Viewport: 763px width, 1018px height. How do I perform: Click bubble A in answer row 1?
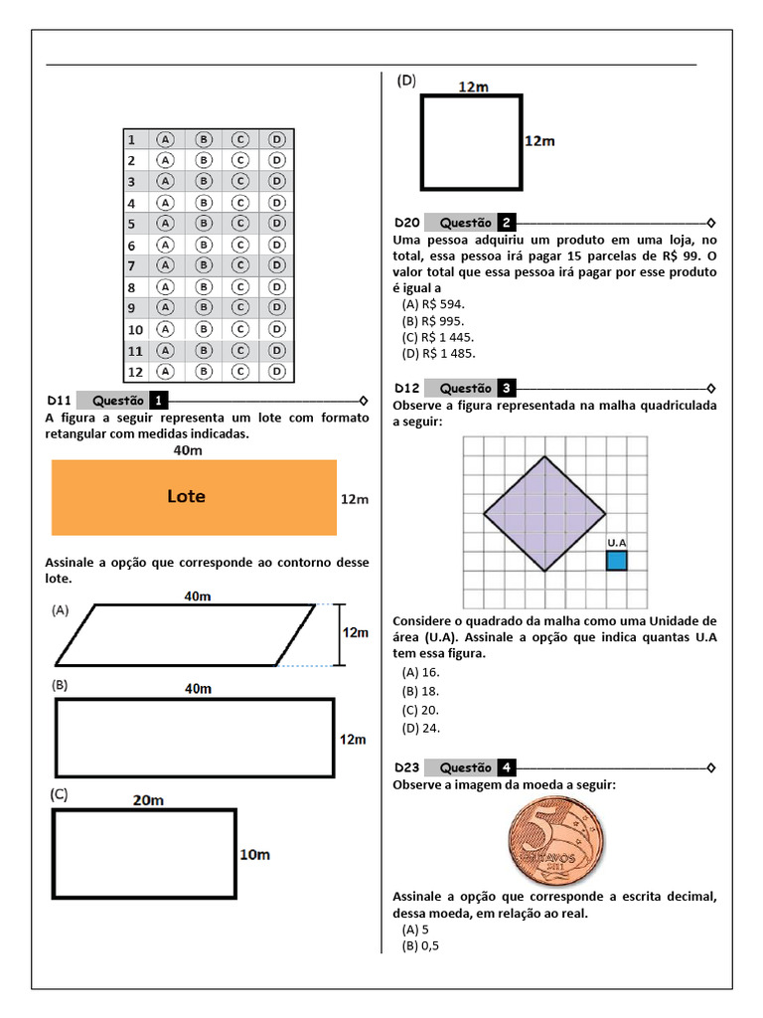pos(165,139)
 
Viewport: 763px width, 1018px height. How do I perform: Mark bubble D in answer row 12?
pos(277,372)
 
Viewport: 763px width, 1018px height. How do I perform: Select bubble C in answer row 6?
pos(239,245)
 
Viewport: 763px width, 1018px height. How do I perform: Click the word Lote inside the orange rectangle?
pos(186,496)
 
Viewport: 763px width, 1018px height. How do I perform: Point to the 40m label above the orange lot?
pos(189,450)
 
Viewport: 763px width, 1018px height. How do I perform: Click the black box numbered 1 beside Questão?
pos(159,400)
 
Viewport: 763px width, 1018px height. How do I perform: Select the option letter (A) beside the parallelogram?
pos(61,612)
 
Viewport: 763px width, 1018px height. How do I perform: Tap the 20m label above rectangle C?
pos(148,798)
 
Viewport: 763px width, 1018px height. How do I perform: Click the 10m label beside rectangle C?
pos(255,854)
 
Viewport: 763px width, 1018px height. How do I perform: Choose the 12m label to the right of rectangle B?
pos(353,740)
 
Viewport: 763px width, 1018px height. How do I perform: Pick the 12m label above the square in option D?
pos(473,86)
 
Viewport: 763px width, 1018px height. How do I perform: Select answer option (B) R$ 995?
pos(433,321)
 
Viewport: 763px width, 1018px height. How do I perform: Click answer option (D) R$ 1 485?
pos(438,353)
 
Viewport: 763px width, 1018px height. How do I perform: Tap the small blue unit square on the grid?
pos(617,561)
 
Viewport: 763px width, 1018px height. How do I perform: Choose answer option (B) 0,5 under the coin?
pos(420,945)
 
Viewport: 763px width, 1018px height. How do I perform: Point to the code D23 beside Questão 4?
pos(407,767)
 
